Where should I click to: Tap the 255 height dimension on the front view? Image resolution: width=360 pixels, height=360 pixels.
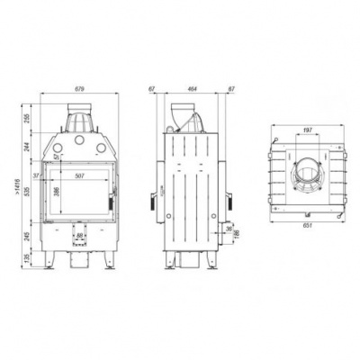pos(27,118)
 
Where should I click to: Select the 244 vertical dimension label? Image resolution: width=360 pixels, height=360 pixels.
pos(27,148)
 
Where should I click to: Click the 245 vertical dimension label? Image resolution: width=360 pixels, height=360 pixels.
pos(27,236)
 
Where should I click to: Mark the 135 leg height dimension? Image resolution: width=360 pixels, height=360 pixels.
pos(27,260)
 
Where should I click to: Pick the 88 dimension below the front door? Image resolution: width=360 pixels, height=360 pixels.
pos(80,236)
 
